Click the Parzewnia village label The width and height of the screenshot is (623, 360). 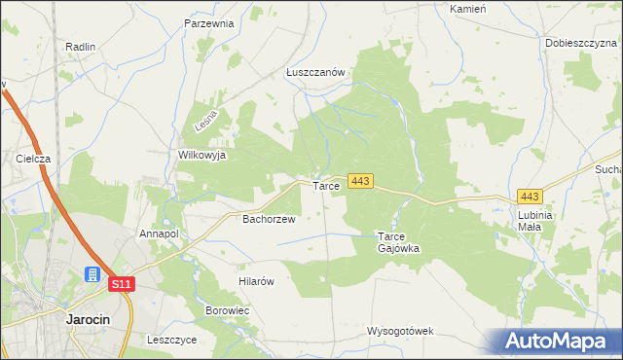209,23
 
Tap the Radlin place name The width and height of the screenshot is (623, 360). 80,46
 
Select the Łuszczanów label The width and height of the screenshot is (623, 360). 316,72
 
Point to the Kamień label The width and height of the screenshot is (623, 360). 467,8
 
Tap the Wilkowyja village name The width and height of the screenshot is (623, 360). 202,155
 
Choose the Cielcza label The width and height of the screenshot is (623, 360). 32,158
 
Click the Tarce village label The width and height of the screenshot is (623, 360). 325,185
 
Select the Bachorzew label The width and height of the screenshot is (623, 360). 269,219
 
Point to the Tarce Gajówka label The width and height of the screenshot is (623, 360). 398,241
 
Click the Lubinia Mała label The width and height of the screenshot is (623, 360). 535,220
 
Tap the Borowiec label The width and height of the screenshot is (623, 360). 228,310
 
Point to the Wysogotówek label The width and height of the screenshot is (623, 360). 400,331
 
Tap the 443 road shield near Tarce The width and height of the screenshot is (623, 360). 360,182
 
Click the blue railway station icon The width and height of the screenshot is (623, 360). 93,275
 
